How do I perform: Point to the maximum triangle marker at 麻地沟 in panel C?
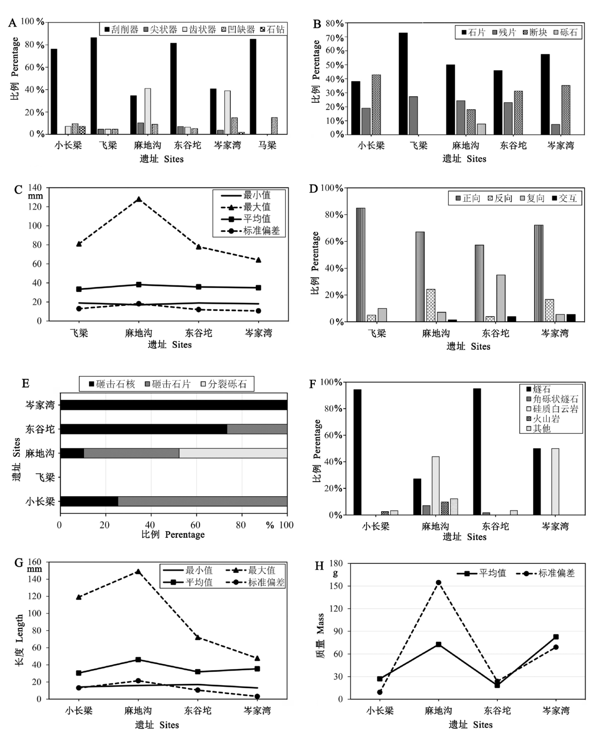click(139, 199)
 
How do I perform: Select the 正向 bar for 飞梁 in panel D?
click(360, 265)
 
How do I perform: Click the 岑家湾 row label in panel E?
click(40, 405)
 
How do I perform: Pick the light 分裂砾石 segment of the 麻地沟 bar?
click(233, 453)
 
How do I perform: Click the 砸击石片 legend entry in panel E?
click(168, 384)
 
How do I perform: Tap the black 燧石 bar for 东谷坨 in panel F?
click(477, 451)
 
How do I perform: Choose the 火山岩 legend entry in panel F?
click(543, 419)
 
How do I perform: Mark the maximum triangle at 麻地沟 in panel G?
click(138, 571)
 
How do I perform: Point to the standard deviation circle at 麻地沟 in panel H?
click(438, 583)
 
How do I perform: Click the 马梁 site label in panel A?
click(267, 145)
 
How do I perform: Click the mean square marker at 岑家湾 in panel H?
click(556, 637)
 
